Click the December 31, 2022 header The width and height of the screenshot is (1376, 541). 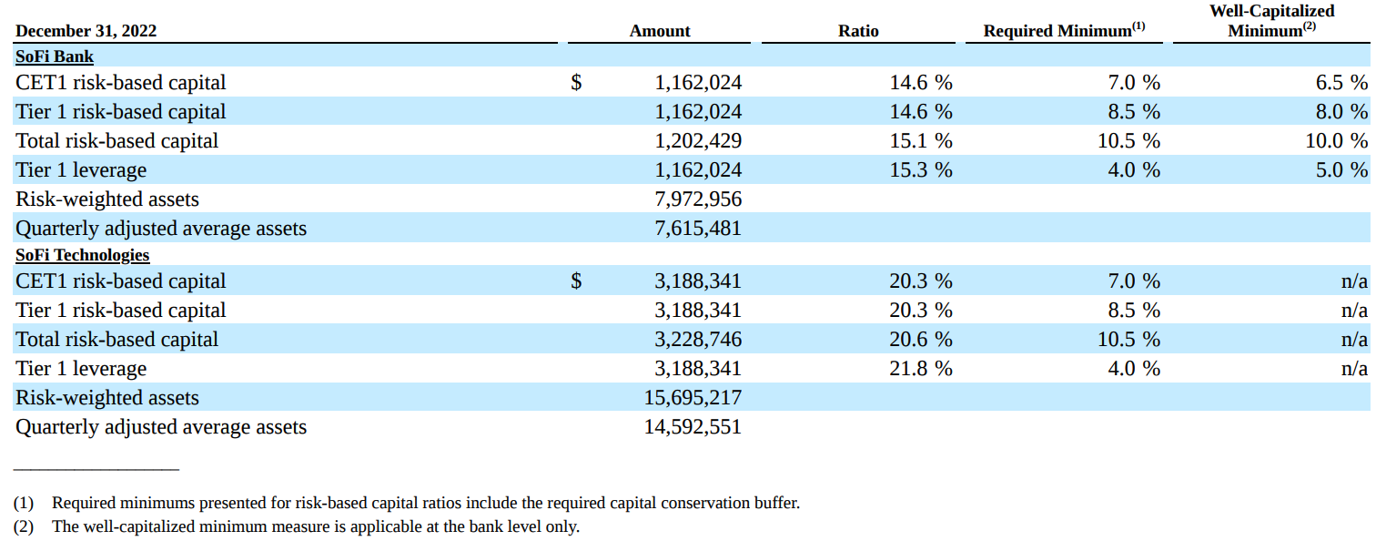(x=86, y=31)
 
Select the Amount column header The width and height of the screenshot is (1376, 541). (x=659, y=31)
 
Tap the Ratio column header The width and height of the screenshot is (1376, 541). (x=858, y=31)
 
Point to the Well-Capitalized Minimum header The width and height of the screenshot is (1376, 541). (x=1271, y=20)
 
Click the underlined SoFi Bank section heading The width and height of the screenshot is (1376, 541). (x=55, y=56)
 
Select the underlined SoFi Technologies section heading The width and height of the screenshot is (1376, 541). (x=82, y=255)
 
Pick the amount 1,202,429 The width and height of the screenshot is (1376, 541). (x=698, y=141)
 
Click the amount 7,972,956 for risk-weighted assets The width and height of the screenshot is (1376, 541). (x=698, y=199)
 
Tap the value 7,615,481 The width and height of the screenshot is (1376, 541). (x=698, y=229)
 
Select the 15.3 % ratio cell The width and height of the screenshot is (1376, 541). (x=920, y=170)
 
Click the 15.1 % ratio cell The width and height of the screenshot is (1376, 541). (x=920, y=141)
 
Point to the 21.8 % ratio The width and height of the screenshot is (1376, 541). (x=920, y=369)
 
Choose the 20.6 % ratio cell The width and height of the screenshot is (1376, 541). (x=920, y=340)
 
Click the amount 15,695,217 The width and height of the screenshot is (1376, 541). (x=693, y=398)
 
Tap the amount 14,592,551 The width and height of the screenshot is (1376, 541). (x=693, y=427)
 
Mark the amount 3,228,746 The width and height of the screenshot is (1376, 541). (x=698, y=340)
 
